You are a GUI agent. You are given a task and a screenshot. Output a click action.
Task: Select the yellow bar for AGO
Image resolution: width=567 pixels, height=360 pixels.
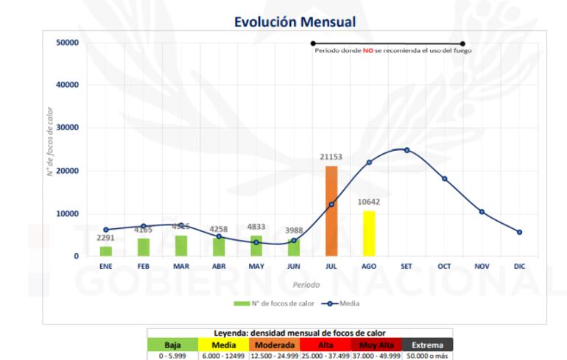[x=369, y=233]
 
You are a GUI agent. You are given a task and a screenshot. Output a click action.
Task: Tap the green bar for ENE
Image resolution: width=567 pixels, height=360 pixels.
[x=106, y=251]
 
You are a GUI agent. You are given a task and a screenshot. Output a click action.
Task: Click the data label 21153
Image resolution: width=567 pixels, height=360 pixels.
[x=331, y=157]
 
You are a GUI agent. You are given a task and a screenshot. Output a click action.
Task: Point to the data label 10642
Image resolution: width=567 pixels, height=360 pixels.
[x=369, y=202]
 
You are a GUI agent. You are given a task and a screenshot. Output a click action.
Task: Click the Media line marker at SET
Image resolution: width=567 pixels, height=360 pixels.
[x=406, y=150]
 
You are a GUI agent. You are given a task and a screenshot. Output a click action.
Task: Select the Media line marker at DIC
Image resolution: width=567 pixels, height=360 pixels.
[x=519, y=232]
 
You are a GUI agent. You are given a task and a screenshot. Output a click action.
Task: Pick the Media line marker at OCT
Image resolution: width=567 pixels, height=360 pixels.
[x=444, y=179]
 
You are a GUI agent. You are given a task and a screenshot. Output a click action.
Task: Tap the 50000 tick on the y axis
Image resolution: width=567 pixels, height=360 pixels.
[x=66, y=42]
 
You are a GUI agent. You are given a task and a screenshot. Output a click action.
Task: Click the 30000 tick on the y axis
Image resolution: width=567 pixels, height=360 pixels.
[x=66, y=128]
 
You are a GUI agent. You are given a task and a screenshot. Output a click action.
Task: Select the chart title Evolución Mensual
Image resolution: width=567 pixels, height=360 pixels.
[x=295, y=22]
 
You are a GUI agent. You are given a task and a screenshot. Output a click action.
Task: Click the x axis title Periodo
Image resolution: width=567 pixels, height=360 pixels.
[x=306, y=284]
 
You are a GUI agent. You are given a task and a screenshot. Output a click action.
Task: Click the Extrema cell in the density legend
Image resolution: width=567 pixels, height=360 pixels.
[x=427, y=345]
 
